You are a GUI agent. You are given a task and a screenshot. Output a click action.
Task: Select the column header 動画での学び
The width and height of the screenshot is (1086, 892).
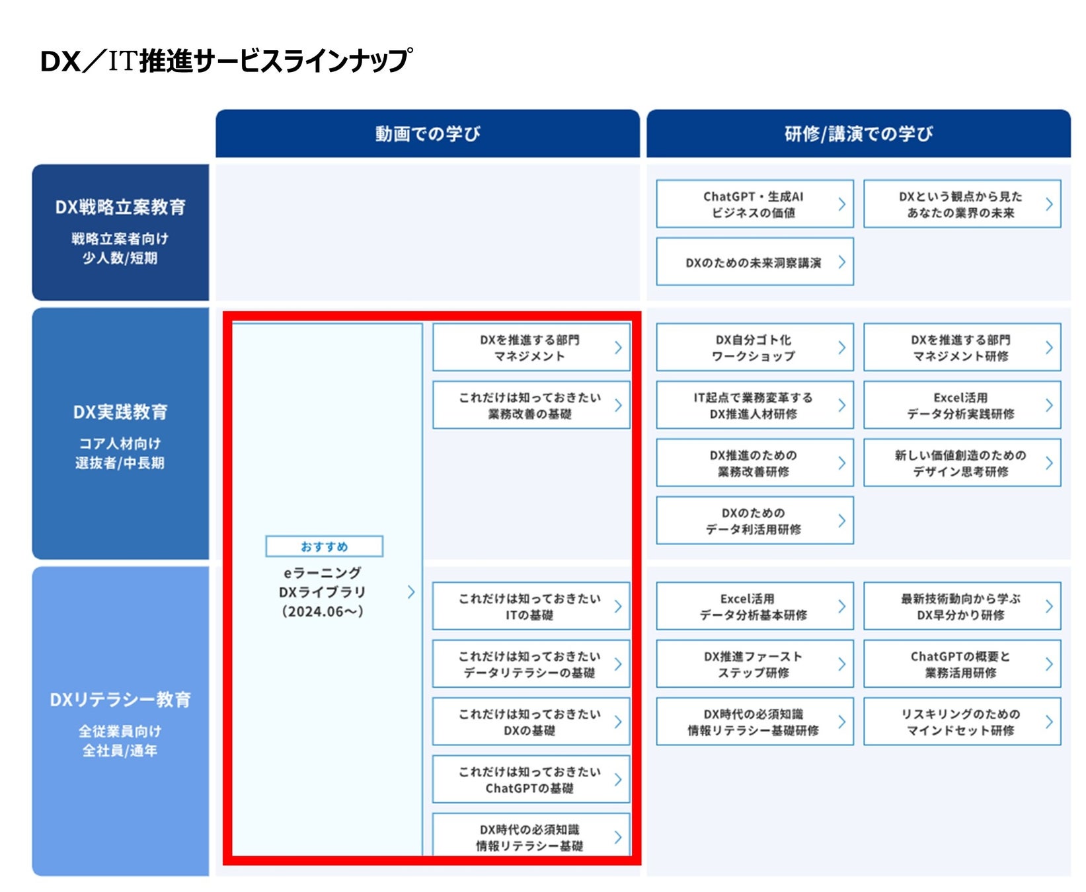coord(428,134)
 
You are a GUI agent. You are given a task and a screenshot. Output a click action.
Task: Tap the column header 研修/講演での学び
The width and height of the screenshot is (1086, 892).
coord(858,134)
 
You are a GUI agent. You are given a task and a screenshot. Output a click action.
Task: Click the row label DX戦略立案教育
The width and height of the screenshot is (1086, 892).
coord(120,207)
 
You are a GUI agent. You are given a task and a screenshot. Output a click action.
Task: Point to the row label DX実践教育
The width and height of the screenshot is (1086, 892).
coord(120,412)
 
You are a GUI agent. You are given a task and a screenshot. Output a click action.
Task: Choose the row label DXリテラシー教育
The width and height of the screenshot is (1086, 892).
coord(120,700)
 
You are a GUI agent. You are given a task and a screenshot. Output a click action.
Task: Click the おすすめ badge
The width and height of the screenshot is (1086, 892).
coord(324,546)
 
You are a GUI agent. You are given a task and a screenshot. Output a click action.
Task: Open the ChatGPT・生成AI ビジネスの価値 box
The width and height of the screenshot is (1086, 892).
coord(754,204)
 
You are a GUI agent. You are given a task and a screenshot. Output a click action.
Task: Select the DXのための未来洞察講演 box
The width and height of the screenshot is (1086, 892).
coord(754,262)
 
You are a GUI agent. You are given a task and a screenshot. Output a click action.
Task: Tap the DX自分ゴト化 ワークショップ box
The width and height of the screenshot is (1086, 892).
coord(754,348)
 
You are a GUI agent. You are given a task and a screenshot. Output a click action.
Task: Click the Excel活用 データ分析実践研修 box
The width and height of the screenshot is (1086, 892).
coord(962,405)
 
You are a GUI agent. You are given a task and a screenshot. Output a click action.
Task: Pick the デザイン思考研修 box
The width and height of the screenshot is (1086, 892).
coord(962,463)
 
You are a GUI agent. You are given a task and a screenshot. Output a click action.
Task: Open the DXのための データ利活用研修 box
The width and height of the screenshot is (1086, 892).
coord(754,521)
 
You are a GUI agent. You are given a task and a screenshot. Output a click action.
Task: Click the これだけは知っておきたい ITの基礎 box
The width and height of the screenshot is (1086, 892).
coord(531,607)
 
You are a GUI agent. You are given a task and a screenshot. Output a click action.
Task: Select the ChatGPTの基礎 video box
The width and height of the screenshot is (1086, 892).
coord(531,780)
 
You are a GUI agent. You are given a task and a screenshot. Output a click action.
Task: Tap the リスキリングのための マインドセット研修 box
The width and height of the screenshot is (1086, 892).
coord(962,722)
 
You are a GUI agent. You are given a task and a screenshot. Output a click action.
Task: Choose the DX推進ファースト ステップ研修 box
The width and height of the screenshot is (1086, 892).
coord(754,664)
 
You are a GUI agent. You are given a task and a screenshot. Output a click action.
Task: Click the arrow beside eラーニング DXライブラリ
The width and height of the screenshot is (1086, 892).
coord(411,592)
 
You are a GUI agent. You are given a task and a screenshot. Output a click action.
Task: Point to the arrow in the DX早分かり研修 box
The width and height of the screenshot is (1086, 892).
coord(1049,607)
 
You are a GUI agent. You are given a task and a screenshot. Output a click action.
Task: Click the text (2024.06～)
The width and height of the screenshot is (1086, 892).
coord(323,612)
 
